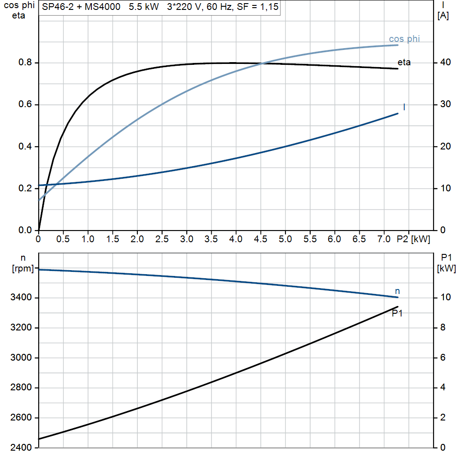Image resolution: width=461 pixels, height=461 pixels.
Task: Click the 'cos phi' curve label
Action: click(404, 39)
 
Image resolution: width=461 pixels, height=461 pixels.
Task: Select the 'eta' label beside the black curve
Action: click(404, 63)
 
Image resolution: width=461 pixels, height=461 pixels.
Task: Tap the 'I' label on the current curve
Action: click(404, 107)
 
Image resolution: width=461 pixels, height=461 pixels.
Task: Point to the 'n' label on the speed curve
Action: click(397, 291)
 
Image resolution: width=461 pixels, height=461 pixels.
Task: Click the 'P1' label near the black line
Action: click(397, 313)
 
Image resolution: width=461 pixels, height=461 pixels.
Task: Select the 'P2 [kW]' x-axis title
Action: click(413, 239)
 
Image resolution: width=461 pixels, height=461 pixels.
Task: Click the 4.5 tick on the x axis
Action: click(260, 239)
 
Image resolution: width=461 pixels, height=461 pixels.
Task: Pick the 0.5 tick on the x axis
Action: click(63, 239)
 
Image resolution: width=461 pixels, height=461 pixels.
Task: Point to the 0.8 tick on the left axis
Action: click(25, 63)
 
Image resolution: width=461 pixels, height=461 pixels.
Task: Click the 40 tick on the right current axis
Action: click(445, 63)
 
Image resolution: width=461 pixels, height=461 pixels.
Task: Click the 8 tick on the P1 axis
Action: click(443, 328)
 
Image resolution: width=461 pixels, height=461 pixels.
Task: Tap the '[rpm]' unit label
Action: click(23, 269)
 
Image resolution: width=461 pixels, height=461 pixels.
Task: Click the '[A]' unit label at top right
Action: click(443, 16)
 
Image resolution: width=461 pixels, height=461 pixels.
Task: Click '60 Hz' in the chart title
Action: click(219, 8)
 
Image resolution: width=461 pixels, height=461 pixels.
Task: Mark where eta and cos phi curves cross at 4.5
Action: click(262, 63)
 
